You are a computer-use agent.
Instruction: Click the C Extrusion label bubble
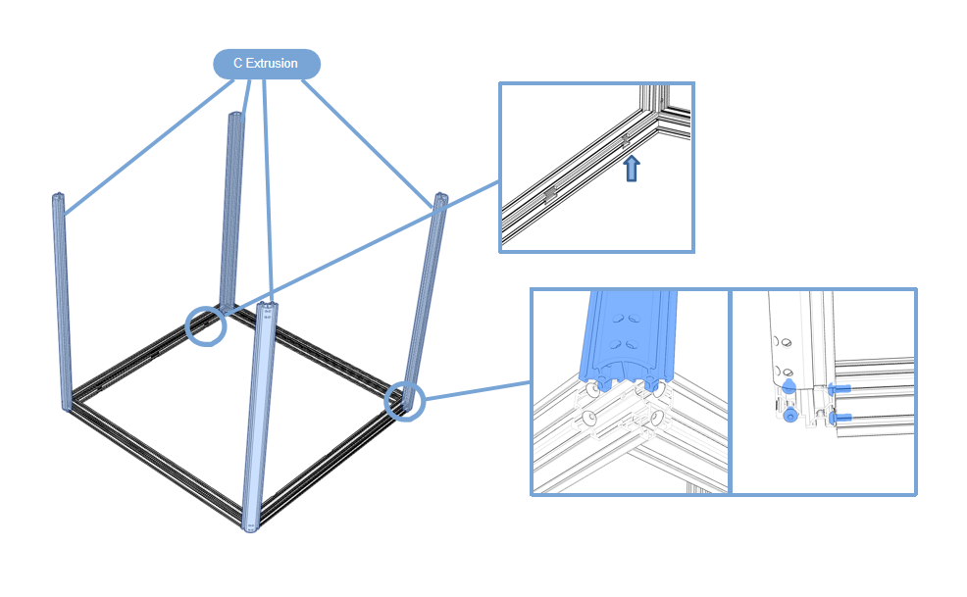coord(267,64)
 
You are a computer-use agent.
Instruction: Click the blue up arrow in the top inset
coord(633,168)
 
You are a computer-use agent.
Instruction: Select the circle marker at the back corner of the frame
coord(206,325)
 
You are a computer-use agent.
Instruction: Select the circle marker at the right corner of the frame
coord(403,400)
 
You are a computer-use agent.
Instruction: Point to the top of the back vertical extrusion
coord(235,117)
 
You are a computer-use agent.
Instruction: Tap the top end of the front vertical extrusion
coord(267,310)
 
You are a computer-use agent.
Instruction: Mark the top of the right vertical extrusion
coord(439,200)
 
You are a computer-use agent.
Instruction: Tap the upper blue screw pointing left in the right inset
coord(838,389)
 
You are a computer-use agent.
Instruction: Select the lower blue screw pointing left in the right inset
coord(838,419)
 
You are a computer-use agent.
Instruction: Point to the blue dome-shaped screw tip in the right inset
coord(789,385)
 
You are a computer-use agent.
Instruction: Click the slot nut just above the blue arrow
coord(625,141)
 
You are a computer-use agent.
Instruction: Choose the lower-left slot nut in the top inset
coord(549,195)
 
